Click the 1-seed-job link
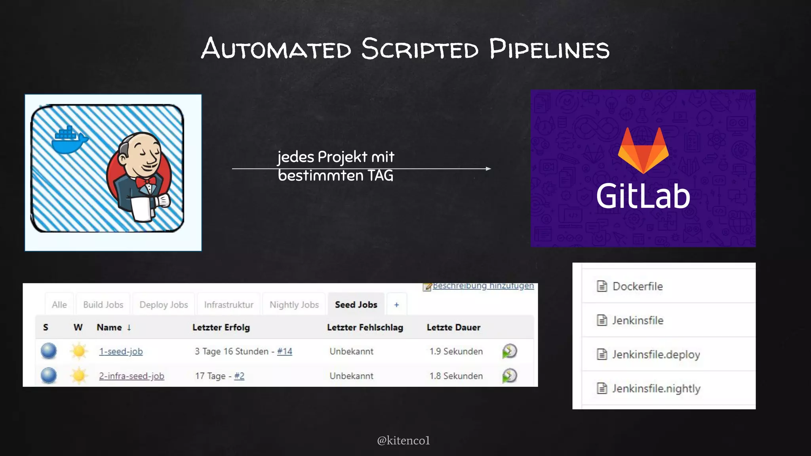point(121,351)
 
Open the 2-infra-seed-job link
point(131,376)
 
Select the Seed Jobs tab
point(356,305)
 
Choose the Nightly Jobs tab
point(294,305)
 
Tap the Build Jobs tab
point(103,305)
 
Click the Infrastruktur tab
point(228,305)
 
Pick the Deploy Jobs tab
point(164,305)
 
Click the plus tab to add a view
point(396,305)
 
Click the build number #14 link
point(285,351)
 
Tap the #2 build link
point(239,376)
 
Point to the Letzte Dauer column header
point(453,328)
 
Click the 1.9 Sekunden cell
point(456,351)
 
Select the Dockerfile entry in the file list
point(637,286)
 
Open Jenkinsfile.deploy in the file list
point(656,354)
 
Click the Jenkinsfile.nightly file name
point(656,388)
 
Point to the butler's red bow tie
point(145,182)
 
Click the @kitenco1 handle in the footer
point(403,441)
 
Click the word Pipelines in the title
point(549,49)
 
